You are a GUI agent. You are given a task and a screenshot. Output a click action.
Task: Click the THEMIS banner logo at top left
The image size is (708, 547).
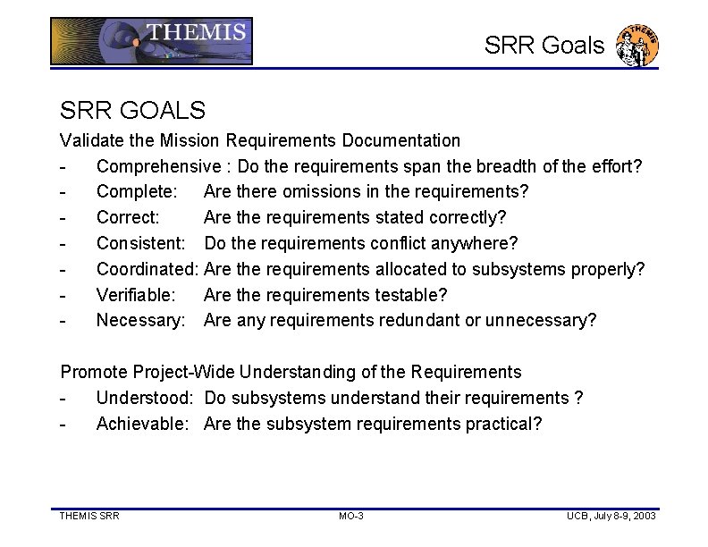coord(151,42)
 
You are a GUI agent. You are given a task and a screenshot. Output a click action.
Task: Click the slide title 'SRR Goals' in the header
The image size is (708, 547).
coord(544,46)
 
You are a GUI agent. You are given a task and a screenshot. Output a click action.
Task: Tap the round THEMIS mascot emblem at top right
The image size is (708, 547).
coord(641,46)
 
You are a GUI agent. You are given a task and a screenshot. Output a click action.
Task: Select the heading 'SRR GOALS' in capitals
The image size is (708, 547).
coord(132,110)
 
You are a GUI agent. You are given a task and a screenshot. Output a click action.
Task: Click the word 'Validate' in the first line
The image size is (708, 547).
coord(88,140)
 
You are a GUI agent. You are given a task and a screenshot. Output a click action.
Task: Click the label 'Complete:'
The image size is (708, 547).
coord(136,192)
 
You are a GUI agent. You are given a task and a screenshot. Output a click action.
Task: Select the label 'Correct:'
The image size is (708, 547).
coord(128,217)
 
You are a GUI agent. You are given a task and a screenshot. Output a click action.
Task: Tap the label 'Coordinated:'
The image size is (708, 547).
coord(147,269)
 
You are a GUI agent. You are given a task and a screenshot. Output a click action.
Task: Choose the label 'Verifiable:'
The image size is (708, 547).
coord(136,294)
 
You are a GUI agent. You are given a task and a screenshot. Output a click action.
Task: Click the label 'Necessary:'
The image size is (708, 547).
coord(139,320)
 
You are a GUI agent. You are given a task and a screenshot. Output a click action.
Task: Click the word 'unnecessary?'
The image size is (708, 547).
coord(540,320)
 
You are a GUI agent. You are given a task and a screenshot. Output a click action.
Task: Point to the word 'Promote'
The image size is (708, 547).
coord(91,372)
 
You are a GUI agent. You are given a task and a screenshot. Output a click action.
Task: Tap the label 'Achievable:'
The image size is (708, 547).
coord(142,424)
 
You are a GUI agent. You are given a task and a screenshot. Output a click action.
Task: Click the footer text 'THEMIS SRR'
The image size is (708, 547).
coord(89,517)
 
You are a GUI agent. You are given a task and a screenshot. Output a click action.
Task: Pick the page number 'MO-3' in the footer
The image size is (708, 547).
coord(351,517)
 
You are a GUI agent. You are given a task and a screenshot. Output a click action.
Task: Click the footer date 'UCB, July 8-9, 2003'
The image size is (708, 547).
coord(611,517)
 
